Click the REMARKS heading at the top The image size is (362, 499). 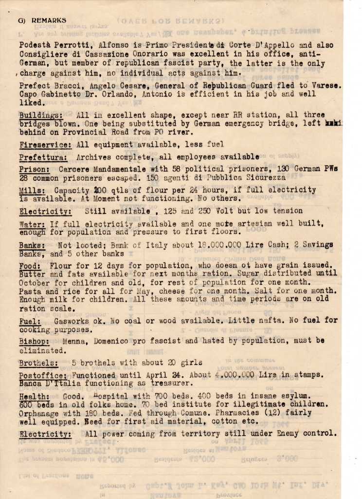(x=49, y=20)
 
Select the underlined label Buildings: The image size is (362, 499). (x=41, y=115)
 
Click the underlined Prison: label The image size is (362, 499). (x=35, y=169)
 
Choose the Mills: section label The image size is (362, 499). (x=33, y=191)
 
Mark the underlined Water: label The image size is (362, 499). (x=33, y=224)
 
